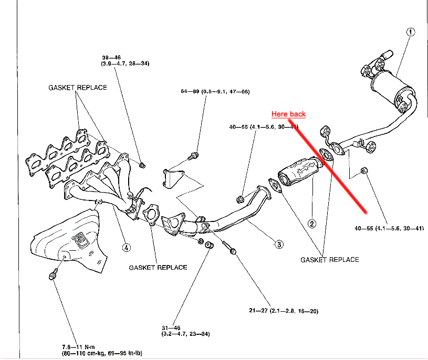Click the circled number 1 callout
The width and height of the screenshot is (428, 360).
[411, 31]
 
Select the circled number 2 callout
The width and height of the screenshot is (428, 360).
[312, 224]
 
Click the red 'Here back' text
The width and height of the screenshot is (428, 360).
[288, 114]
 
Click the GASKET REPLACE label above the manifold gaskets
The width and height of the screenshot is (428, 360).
[77, 88]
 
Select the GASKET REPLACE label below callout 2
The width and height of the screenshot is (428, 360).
[329, 259]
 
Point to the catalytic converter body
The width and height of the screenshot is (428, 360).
[298, 171]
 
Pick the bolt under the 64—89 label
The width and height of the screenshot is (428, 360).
[193, 155]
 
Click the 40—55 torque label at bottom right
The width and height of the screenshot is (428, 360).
[389, 228]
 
